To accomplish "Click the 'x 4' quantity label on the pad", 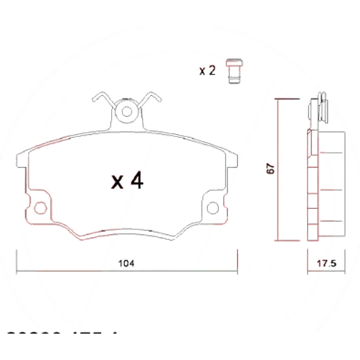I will pos(127,181).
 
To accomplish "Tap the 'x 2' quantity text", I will pos(208,71).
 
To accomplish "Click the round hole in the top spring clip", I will pos(127,111).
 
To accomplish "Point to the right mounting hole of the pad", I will pos(213,208).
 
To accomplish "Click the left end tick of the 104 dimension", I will pos(16,261).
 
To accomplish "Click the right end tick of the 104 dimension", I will pos(238,261).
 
